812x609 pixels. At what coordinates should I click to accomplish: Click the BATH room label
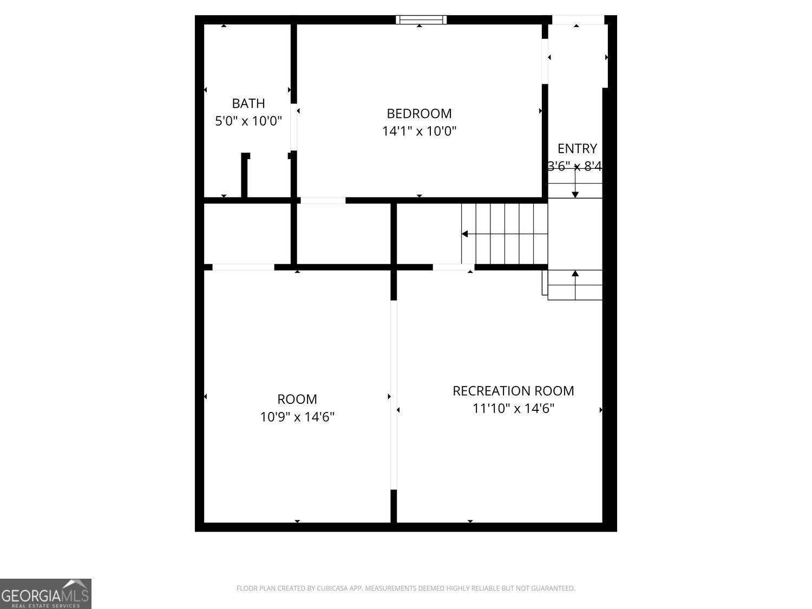pos(248,103)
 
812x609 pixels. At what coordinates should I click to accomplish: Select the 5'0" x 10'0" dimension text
pos(248,120)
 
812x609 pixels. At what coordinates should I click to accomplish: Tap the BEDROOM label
pos(419,113)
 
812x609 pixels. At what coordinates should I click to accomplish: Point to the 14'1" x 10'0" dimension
pos(419,131)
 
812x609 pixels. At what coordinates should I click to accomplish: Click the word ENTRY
pos(577,148)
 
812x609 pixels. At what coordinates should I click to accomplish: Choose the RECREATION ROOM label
pos(513,390)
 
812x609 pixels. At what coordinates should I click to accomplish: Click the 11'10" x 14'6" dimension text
pos(513,408)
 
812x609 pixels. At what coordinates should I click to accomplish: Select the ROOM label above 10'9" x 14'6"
pos(297,399)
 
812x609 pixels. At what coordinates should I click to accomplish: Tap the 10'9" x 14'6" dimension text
pos(297,417)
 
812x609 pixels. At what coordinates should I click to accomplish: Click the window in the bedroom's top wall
pos(421,20)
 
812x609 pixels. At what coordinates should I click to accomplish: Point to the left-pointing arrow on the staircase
pos(465,234)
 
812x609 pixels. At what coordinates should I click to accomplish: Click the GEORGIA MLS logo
pos(45,594)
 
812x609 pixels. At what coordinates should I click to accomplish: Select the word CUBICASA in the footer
pos(332,588)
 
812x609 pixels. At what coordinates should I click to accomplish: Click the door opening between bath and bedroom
pos(294,127)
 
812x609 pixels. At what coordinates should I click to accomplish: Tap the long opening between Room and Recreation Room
pos(394,395)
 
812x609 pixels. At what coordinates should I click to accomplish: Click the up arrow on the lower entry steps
pos(575,274)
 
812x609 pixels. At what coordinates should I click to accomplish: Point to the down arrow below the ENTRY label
pos(575,193)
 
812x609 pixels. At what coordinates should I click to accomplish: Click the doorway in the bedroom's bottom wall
pos(323,200)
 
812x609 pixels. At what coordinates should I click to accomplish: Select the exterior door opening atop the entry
pos(578,20)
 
